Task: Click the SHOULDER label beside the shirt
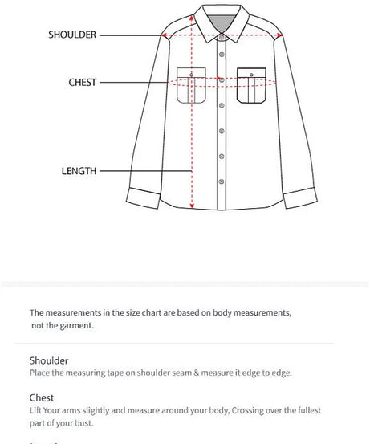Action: point(72,35)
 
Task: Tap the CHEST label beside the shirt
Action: point(83,82)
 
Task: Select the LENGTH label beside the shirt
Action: point(79,171)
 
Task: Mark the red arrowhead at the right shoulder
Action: point(279,36)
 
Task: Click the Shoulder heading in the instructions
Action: point(49,361)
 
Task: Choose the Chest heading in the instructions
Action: point(42,397)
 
